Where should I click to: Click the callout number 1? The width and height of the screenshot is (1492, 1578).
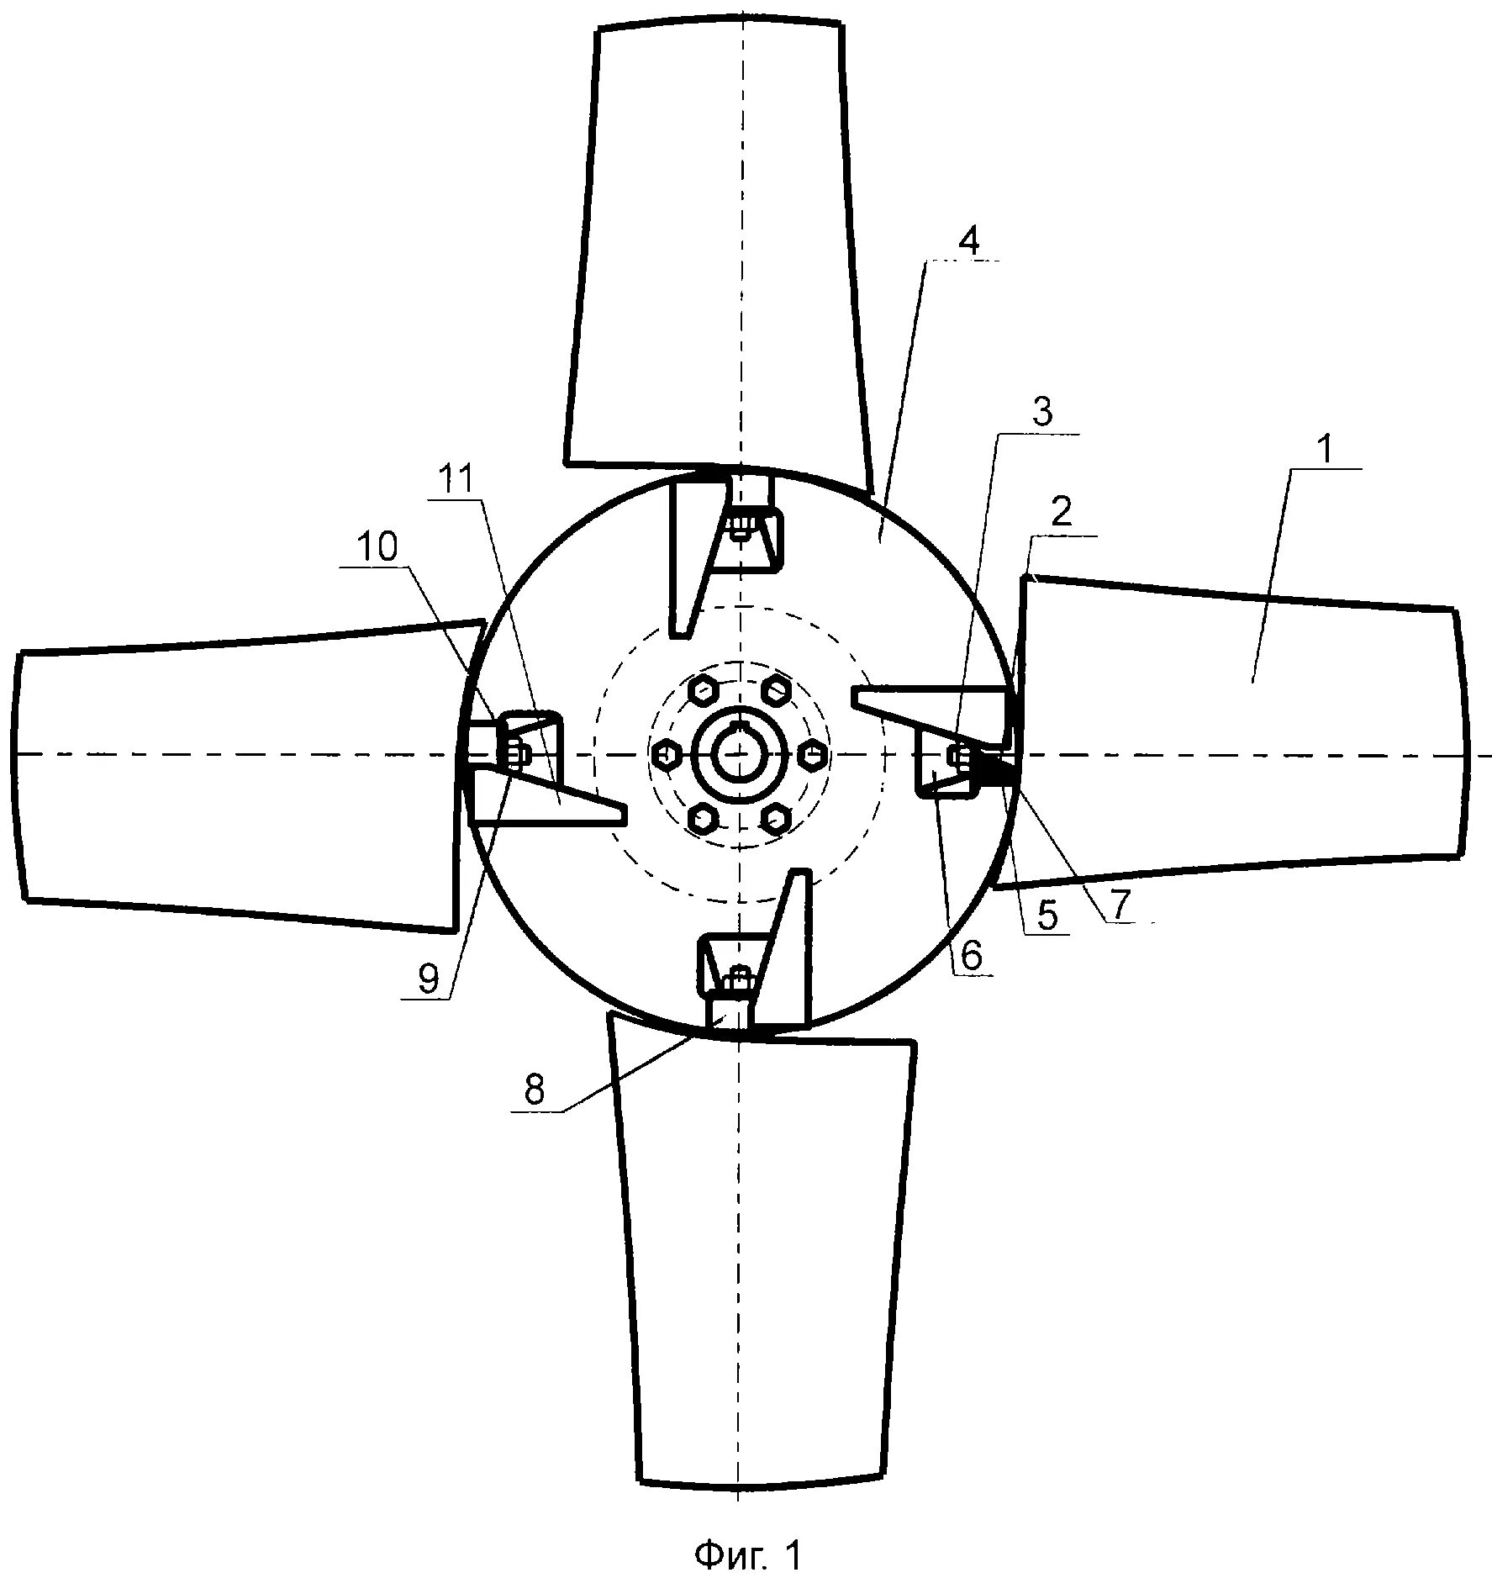click(x=1322, y=451)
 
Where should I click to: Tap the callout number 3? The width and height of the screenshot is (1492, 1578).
click(x=1042, y=414)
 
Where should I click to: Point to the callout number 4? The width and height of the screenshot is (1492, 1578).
click(x=968, y=242)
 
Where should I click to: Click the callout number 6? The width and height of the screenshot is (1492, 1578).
click(x=972, y=956)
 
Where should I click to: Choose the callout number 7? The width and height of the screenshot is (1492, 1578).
click(x=1122, y=904)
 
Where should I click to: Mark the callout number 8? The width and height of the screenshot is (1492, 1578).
click(x=534, y=1090)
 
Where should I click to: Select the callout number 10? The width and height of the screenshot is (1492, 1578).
click(x=375, y=547)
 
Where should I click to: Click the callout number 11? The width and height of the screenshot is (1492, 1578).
click(x=455, y=480)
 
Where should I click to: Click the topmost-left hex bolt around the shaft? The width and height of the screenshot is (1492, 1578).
click(x=702, y=691)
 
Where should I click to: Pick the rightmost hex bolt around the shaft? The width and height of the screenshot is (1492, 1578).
click(x=813, y=754)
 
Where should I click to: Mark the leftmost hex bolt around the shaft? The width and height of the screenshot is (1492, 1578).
click(x=665, y=754)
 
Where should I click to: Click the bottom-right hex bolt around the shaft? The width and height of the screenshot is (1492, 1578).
click(x=775, y=817)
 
